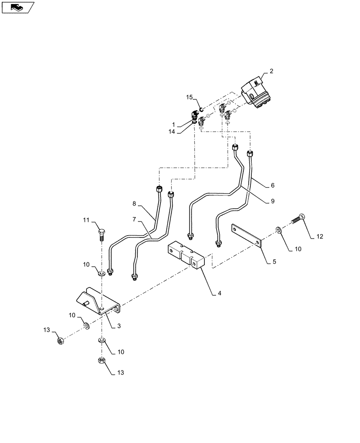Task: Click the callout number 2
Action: pyautogui.click(x=272, y=71)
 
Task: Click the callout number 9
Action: pyautogui.click(x=272, y=201)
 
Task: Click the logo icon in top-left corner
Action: pyautogui.click(x=17, y=7)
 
